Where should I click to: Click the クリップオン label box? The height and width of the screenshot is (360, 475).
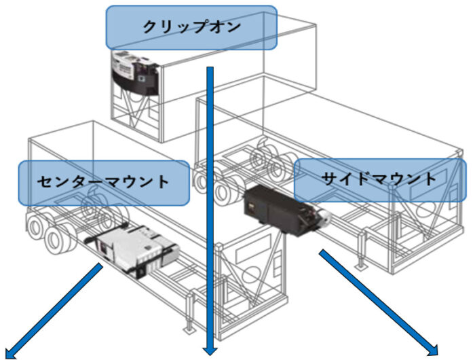point(191,28)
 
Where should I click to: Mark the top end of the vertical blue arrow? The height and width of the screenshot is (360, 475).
point(211,68)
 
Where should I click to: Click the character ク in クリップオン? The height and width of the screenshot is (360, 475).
point(150,28)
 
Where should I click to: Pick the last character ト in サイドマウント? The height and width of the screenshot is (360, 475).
point(428,180)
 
